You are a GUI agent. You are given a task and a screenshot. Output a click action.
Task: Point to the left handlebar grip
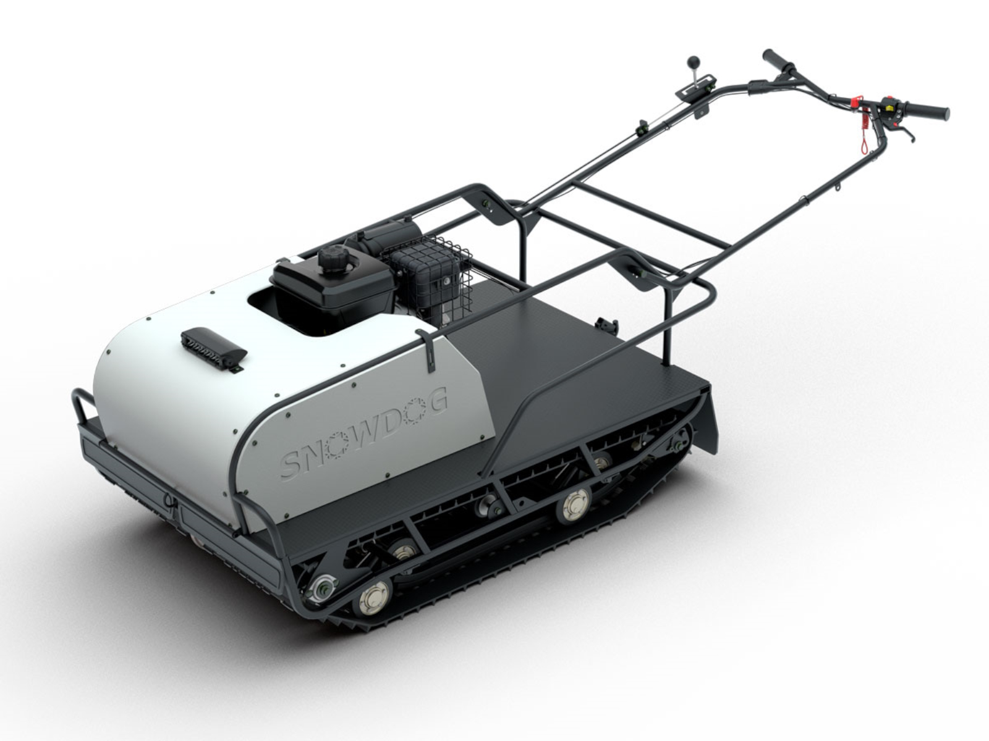coord(777,61)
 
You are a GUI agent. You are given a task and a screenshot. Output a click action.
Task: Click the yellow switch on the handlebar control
coord(889,107)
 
